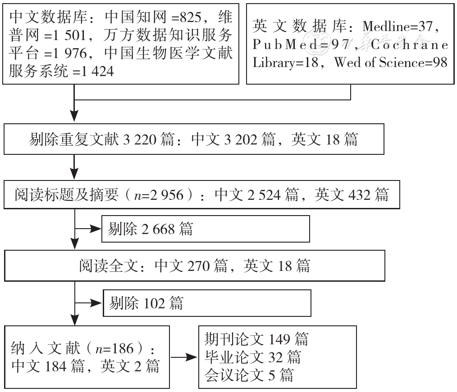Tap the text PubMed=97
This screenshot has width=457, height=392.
point(301,45)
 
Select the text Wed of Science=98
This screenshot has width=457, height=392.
point(391,62)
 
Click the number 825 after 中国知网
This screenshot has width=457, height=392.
point(191,18)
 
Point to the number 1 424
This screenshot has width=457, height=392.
point(98,72)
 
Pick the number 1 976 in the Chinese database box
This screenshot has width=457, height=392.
point(71,54)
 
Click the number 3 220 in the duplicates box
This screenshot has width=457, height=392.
point(140,140)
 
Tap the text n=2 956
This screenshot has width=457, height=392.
point(159,195)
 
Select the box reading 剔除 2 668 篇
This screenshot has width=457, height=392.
point(206,229)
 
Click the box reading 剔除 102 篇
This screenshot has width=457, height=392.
point(207,303)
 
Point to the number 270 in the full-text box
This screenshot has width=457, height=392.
point(198,266)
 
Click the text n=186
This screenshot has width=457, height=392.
point(114,349)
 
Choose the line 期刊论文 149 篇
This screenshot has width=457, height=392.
point(256,339)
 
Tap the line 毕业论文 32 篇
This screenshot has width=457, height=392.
point(253,357)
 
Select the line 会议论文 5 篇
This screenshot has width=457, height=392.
point(249,375)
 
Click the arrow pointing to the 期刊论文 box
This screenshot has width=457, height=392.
point(184,357)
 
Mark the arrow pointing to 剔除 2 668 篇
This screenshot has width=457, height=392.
point(88,229)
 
